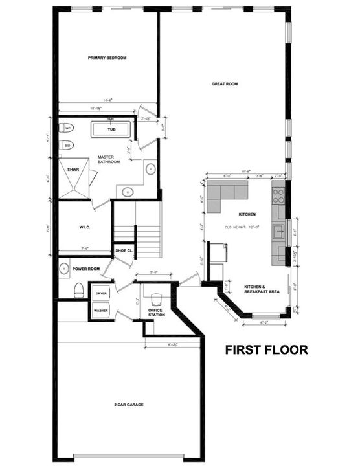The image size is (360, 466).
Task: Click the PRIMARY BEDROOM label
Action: (107, 58)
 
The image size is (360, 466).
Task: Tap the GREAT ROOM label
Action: (225, 83)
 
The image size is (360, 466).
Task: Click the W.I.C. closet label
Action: (84, 227)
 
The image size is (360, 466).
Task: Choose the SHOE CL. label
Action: (124, 250)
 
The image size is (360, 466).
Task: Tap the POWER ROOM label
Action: (86, 269)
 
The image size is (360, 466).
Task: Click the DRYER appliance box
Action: (101, 293)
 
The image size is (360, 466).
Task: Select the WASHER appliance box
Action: (101, 311)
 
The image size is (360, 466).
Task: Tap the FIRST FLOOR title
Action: (266, 350)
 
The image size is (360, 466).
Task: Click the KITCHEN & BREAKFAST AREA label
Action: (262, 289)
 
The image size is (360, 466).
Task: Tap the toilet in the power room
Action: (78, 290)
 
